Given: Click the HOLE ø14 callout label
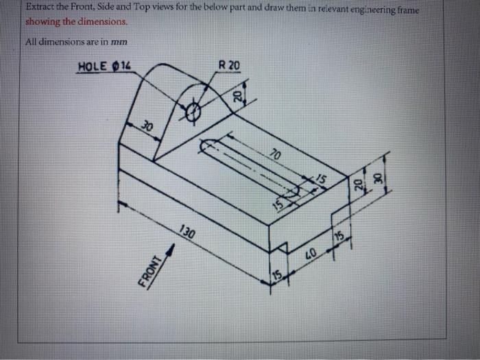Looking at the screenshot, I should (104, 67).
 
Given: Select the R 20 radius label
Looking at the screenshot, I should (229, 65).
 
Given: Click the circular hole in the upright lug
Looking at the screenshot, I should (193, 109).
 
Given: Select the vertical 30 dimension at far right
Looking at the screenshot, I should (375, 176).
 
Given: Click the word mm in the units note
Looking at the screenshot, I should (119, 42).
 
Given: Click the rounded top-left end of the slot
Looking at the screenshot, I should (206, 145).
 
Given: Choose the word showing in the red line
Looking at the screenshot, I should (42, 21).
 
